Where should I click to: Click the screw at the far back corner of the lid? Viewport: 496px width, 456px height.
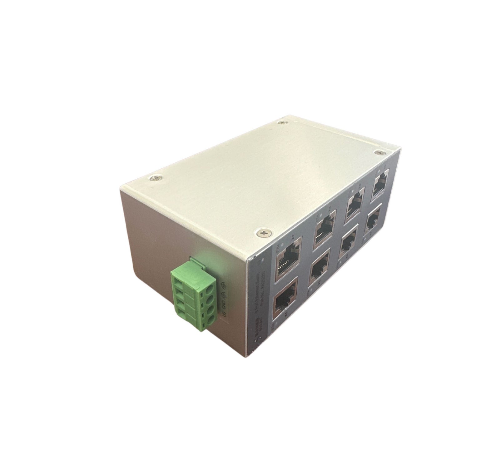pyautogui.click(x=283, y=123)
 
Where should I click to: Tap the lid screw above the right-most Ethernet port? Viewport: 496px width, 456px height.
pyautogui.click(x=379, y=153)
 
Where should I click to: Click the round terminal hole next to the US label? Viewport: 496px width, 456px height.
pyautogui.click(x=211, y=319)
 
